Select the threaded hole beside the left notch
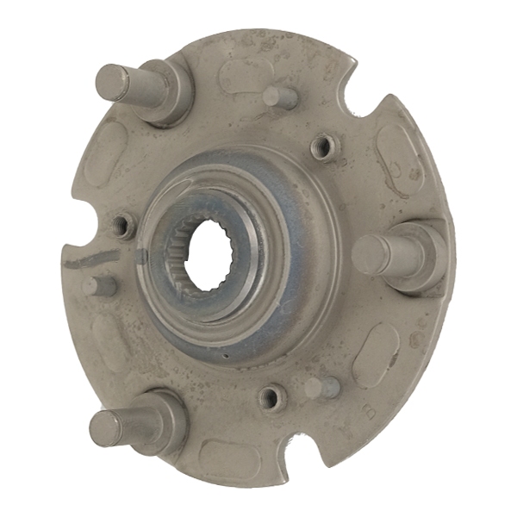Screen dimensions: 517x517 point(124,226)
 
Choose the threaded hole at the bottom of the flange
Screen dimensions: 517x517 point(271,398)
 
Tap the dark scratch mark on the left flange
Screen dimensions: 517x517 point(90,257)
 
